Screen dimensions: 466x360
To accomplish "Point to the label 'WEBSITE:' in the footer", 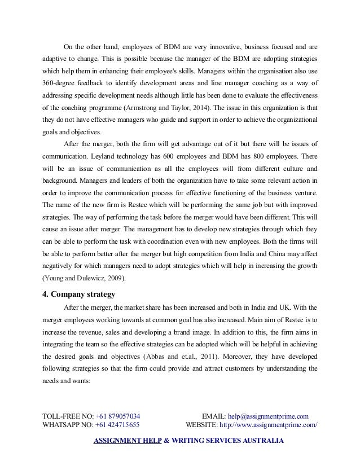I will pyautogui.click(x=201, y=425).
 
